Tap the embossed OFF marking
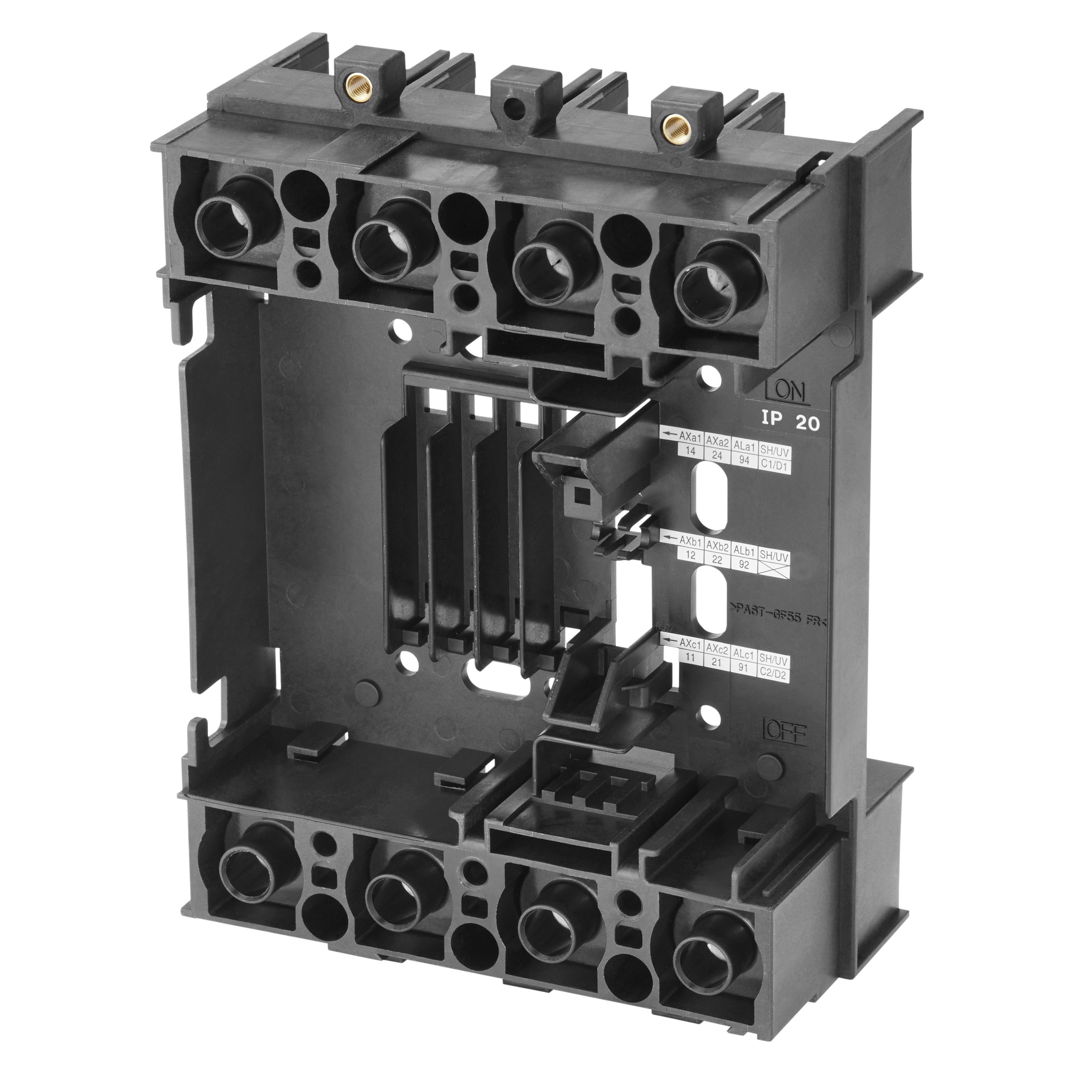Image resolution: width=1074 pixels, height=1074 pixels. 784,733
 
